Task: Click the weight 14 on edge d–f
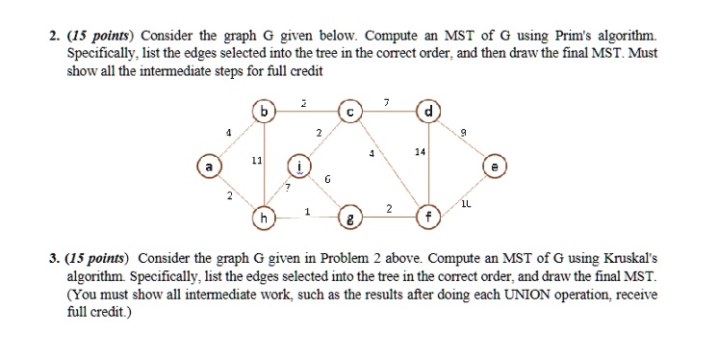420,152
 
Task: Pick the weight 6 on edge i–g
327,180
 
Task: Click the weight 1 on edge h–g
306,211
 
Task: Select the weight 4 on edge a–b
228,133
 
